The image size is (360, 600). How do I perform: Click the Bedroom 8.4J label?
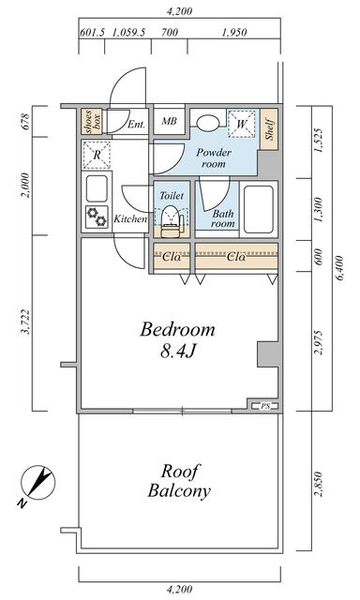(178, 340)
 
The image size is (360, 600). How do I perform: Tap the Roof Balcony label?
(179, 481)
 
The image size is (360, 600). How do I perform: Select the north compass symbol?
(37, 484)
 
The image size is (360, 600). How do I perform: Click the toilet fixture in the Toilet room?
(171, 221)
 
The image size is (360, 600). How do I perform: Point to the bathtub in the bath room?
(259, 209)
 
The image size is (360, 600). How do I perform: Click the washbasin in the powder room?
(208, 122)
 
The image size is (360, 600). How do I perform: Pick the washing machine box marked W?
(241, 124)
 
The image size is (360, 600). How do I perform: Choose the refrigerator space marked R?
(97, 155)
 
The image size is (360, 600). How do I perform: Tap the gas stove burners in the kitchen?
(97, 217)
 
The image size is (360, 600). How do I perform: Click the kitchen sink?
(97, 188)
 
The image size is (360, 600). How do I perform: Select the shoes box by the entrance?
(92, 122)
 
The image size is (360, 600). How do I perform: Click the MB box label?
(169, 121)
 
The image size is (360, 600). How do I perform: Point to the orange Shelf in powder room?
(269, 129)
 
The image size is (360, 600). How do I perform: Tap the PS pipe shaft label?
(265, 406)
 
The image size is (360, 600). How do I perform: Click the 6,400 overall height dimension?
(340, 268)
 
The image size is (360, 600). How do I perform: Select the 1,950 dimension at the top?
(234, 33)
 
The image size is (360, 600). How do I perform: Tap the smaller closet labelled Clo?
(172, 256)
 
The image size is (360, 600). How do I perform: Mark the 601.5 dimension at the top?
(92, 33)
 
